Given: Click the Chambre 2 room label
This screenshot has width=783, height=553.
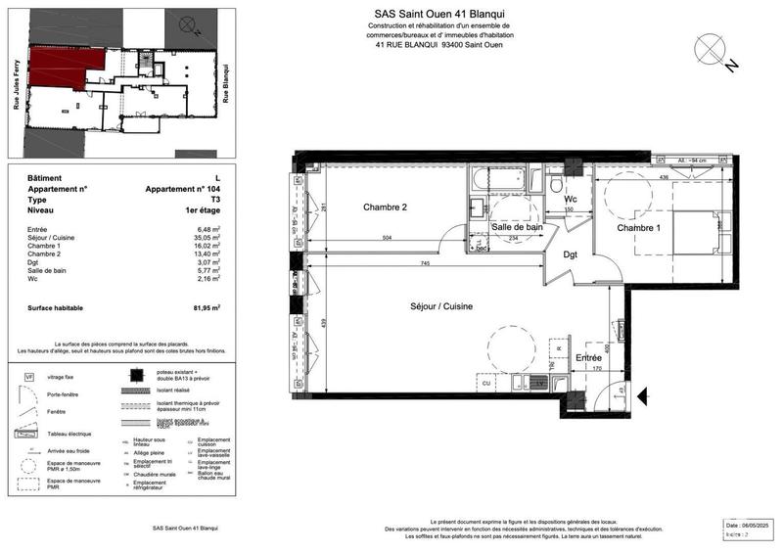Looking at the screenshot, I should pyautogui.click(x=384, y=207).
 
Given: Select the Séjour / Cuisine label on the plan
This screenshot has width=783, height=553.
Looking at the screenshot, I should pyautogui.click(x=441, y=306).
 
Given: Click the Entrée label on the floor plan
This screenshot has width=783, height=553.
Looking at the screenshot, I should pyautogui.click(x=588, y=359).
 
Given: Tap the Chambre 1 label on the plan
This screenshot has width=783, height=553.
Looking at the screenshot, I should pyautogui.click(x=639, y=228).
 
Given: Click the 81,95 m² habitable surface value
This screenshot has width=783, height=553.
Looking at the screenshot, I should pyautogui.click(x=207, y=307).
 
